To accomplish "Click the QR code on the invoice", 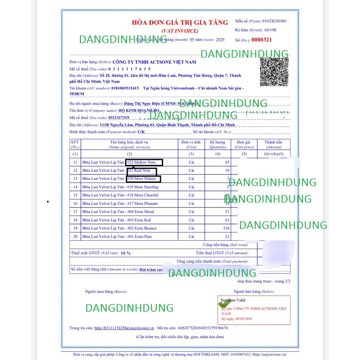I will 274,72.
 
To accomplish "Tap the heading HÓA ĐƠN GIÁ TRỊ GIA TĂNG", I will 180,22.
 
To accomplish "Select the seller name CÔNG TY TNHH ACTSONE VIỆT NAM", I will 154,62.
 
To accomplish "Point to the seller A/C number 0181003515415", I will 125,88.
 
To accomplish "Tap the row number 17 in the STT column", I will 75,212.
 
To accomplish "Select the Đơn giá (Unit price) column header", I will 244,144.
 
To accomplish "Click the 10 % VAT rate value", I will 126,253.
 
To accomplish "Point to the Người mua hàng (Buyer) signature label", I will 105,291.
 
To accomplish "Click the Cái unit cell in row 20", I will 191,237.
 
